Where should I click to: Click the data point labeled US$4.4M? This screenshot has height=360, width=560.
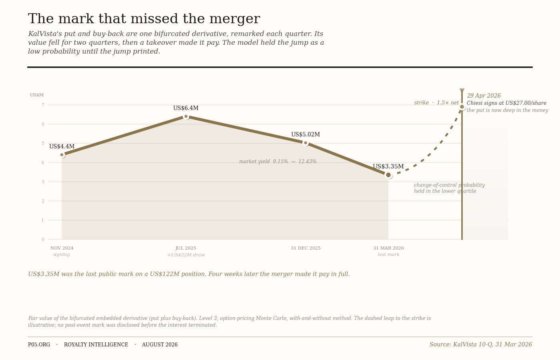[62, 155]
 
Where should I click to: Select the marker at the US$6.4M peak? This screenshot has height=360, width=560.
[186, 116]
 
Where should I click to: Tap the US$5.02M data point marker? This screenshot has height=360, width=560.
[305, 143]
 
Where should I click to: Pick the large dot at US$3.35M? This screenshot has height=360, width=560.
[388, 175]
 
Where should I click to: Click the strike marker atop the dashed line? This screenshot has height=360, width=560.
[462, 107]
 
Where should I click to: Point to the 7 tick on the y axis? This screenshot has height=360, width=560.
[43, 105]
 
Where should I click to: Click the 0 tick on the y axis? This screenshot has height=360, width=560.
[43, 240]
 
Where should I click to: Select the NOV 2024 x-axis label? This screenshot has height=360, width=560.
[62, 248]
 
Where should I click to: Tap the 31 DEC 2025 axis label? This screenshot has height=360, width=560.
[306, 248]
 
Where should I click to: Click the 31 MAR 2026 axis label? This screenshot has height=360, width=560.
[388, 248]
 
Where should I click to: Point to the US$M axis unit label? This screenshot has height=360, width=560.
[37, 95]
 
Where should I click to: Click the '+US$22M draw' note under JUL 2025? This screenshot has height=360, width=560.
[186, 255]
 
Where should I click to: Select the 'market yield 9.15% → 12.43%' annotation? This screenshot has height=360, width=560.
[278, 162]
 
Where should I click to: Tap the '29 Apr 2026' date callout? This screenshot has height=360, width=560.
[484, 96]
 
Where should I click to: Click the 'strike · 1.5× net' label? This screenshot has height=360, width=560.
[436, 103]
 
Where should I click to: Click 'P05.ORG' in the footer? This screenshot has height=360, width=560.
[39, 345]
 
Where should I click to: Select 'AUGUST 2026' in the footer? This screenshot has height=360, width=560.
[160, 345]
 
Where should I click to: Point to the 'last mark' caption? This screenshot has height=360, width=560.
[388, 254]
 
